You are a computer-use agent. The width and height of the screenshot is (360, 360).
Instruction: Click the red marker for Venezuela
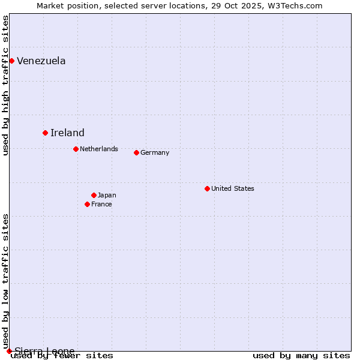pyautogui.click(x=11, y=61)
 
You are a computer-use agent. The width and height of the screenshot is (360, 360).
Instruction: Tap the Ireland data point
pyautogui.click(x=45, y=133)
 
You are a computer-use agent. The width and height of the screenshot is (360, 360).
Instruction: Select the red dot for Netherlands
pyautogui.click(x=76, y=149)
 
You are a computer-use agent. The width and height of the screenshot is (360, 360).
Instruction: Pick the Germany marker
pyautogui.click(x=136, y=152)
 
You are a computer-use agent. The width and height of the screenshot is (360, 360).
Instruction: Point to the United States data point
pyautogui.click(x=207, y=188)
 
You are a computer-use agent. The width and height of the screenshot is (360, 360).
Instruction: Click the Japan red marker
pyautogui.click(x=94, y=195)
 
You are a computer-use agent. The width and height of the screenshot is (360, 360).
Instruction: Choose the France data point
pyautogui.click(x=87, y=204)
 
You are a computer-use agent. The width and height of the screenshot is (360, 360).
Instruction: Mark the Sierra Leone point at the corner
pyautogui.click(x=9, y=351)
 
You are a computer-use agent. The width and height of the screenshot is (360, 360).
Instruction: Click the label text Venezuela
pyautogui.click(x=41, y=61)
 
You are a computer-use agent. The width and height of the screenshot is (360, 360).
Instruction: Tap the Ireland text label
pyautogui.click(x=67, y=133)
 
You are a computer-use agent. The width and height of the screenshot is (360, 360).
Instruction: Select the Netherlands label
pyautogui.click(x=99, y=149)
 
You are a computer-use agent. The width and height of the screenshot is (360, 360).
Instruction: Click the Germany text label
pyautogui.click(x=155, y=152)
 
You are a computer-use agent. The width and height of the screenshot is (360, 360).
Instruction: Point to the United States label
pyautogui.click(x=233, y=188)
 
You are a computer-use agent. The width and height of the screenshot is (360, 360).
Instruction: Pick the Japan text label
pyautogui.click(x=107, y=195)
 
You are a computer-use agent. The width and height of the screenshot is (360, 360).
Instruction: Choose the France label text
pyautogui.click(x=101, y=204)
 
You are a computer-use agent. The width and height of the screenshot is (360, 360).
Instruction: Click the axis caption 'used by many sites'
pyautogui.click(x=301, y=356)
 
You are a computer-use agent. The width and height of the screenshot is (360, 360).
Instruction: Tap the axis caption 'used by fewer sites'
pyautogui.click(x=62, y=356)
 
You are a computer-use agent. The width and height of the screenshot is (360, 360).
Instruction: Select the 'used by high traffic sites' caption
pyautogui.click(x=6, y=85)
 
